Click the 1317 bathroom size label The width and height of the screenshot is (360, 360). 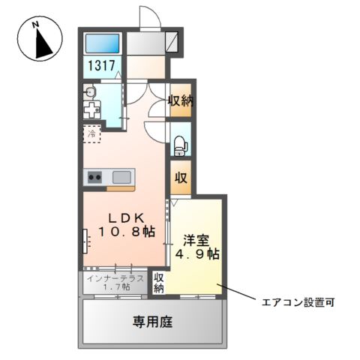103,65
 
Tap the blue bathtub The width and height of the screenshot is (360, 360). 102,43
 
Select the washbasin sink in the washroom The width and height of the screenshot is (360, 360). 90,92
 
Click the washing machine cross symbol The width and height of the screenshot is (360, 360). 91,110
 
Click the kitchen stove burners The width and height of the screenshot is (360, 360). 95,178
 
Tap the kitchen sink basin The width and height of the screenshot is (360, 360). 121,178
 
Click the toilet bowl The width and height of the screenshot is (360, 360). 180,144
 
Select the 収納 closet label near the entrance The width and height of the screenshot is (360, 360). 180,100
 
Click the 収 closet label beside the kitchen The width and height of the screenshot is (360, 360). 181,178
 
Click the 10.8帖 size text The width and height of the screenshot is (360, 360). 123,232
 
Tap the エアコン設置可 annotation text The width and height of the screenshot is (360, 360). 298,304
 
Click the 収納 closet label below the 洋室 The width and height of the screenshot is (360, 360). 159,283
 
